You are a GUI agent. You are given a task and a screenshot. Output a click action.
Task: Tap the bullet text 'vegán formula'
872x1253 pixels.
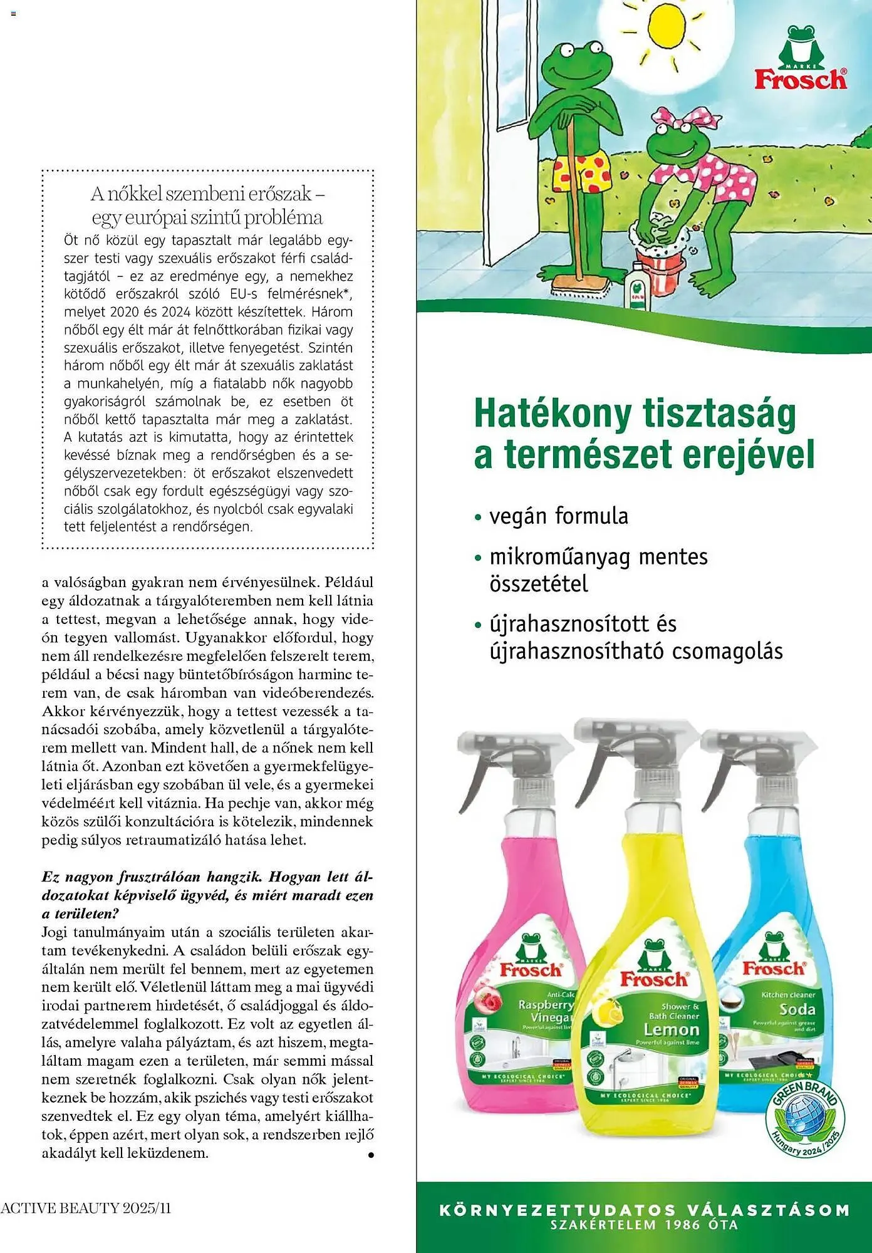[x=558, y=516]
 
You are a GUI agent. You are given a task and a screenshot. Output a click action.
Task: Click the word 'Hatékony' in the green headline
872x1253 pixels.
[x=552, y=414]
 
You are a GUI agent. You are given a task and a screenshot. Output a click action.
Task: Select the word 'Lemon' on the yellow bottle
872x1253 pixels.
[x=671, y=1029]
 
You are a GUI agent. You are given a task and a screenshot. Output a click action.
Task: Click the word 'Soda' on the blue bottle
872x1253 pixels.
[x=797, y=1009]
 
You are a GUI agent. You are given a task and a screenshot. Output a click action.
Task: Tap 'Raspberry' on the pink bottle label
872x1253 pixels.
[x=546, y=1004]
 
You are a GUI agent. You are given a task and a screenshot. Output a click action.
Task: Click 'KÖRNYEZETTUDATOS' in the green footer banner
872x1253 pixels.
[x=558, y=1210]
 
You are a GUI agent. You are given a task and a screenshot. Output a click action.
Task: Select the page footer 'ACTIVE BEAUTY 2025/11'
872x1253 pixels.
[x=86, y=1208]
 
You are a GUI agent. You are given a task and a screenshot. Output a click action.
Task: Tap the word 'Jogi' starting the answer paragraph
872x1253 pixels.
[x=54, y=932]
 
